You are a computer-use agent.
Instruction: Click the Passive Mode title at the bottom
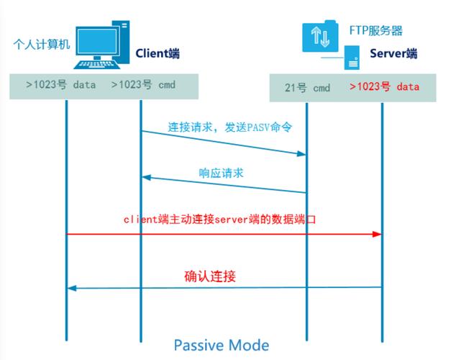click(222, 344)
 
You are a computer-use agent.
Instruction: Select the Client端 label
click(159, 53)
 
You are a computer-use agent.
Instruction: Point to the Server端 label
click(393, 53)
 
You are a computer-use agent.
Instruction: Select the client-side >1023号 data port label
click(61, 84)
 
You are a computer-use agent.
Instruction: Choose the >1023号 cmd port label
click(143, 84)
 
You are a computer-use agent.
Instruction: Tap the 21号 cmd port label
click(307, 88)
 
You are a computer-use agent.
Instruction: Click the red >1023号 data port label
click(384, 87)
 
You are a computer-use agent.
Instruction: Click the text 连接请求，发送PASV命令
click(220, 127)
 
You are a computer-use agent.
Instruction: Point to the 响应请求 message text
click(222, 173)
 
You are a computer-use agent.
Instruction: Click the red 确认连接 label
click(210, 276)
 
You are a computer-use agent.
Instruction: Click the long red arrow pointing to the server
click(223, 234)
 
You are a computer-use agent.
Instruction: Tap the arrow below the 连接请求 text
click(224, 143)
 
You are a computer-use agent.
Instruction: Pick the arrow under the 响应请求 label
click(224, 184)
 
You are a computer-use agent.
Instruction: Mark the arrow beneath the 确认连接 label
click(223, 288)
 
